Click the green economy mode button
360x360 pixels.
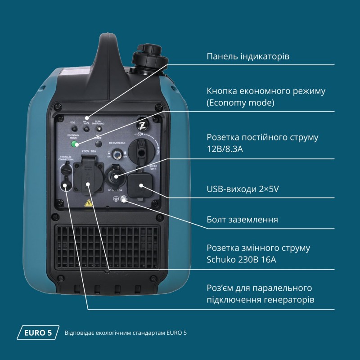pos(75,144)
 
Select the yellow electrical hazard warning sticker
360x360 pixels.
pos(89,203)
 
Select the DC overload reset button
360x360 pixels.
pos(118,154)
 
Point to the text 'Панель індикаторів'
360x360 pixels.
pos(247,57)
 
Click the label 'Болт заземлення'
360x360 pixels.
pos(242,220)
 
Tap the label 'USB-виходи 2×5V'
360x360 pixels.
pos(243,189)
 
